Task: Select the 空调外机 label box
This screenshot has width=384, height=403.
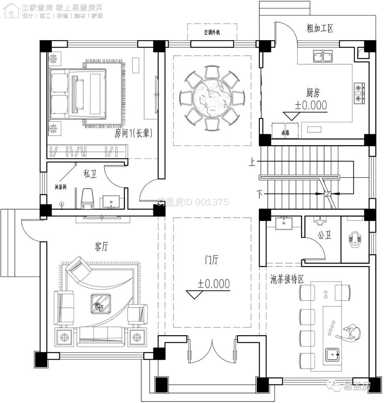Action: point(212,32)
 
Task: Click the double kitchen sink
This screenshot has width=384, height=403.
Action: point(323,56)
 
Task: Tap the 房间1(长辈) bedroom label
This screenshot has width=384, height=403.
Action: point(133,133)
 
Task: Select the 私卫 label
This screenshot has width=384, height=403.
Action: point(89,174)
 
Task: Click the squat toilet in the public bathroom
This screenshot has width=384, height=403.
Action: point(354,239)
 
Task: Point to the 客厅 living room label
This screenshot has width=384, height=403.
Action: point(101,246)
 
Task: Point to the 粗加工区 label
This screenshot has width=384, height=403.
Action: point(320,28)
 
